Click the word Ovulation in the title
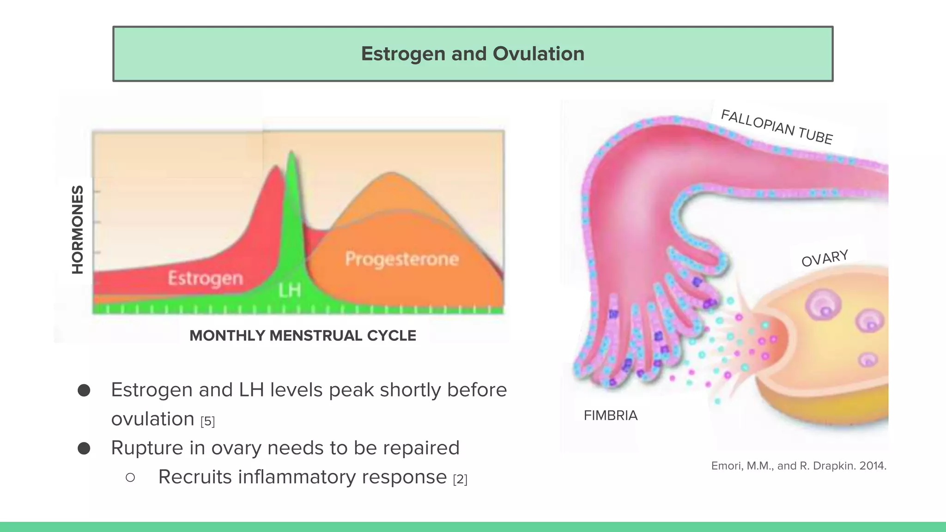(539, 54)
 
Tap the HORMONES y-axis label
(78, 230)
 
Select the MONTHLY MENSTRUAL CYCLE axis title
(303, 336)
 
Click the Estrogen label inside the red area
(205, 278)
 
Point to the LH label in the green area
(290, 290)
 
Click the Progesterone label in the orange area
(402, 259)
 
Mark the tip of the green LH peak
(291, 152)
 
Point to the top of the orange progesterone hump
(392, 174)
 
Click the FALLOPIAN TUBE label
(777, 127)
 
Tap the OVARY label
(825, 258)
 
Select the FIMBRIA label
(610, 416)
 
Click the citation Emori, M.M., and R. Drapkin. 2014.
(798, 466)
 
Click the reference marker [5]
(207, 421)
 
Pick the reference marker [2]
(460, 479)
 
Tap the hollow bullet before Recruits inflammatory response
(130, 478)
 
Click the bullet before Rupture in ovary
(84, 448)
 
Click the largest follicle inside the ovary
(823, 305)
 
